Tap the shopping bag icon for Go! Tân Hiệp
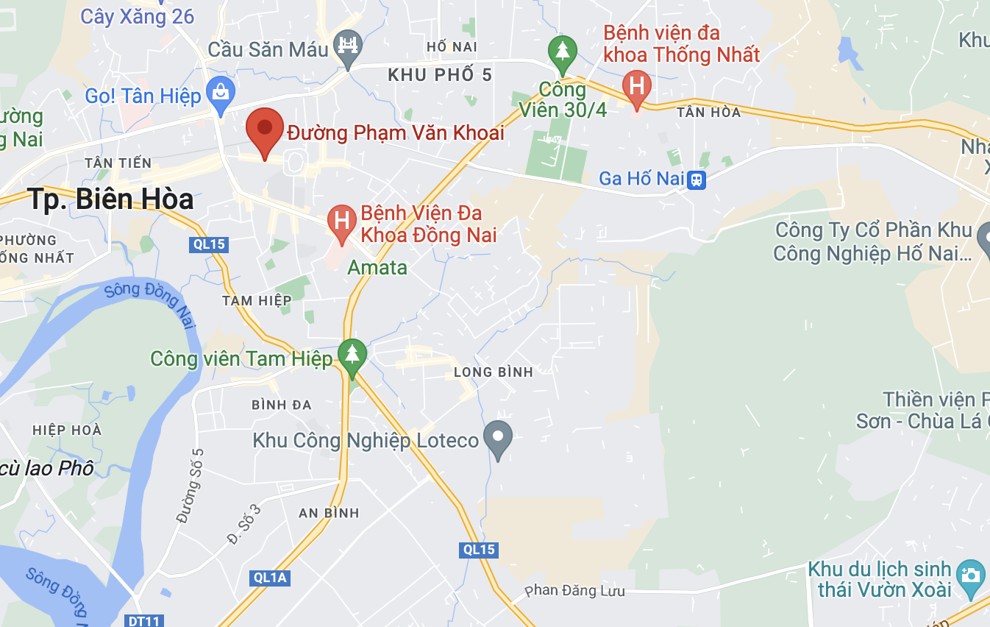click(220, 93)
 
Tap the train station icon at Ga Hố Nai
click(696, 179)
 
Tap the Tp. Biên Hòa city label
click(111, 199)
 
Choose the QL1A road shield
click(268, 578)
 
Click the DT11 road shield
click(143, 620)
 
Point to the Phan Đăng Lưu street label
click(574, 591)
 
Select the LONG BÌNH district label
click(493, 372)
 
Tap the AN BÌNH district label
click(329, 513)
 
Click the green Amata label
click(377, 267)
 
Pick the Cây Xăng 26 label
click(138, 16)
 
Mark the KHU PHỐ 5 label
click(440, 75)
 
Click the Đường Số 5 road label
click(190, 486)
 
